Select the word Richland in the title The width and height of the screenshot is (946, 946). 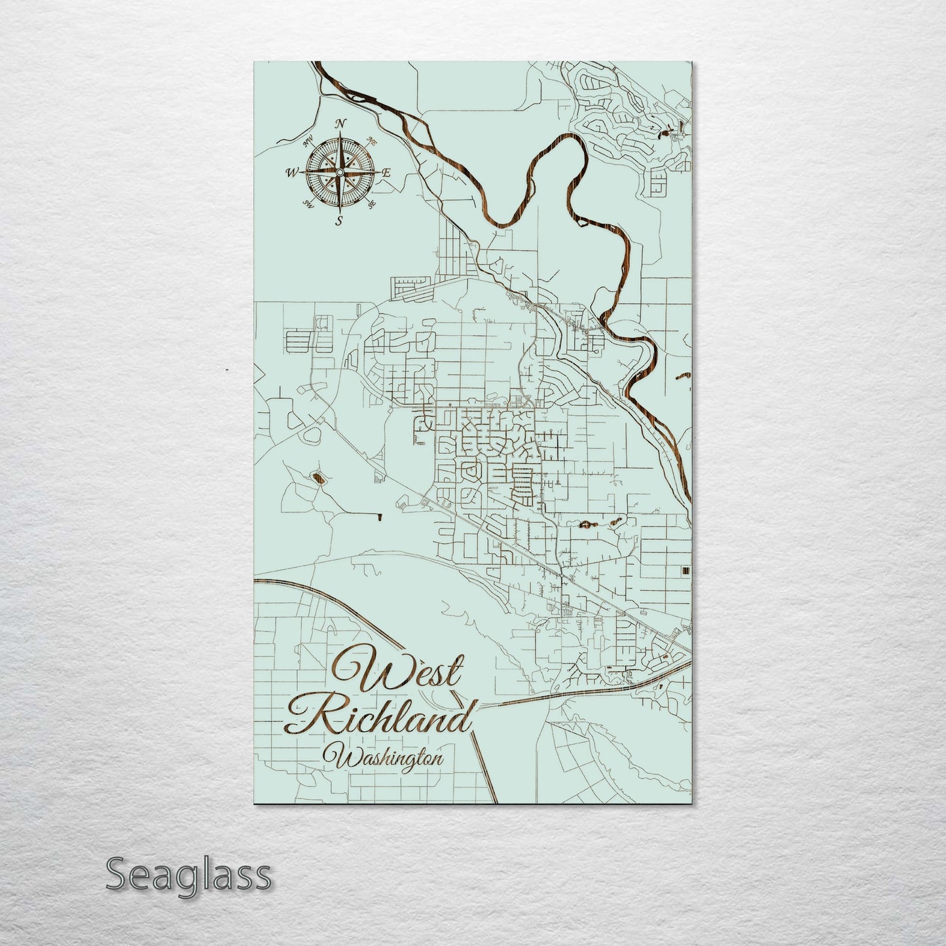[378, 719]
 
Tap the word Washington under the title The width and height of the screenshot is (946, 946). [387, 759]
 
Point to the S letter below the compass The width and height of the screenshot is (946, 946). [338, 221]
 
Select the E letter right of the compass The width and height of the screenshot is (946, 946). [386, 173]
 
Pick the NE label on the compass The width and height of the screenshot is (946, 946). [373, 140]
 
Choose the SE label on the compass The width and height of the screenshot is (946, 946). [372, 205]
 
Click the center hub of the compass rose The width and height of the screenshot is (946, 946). [339, 172]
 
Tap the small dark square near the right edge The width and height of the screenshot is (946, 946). [685, 571]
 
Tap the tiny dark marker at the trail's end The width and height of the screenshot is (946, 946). [379, 518]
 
